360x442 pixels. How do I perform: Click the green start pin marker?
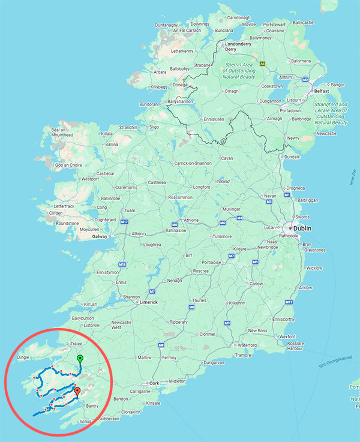[x=80, y=359]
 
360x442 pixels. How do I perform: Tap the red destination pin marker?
[x=77, y=393]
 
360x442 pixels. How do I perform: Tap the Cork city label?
[x=155, y=383]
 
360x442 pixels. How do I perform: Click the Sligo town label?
[x=154, y=127]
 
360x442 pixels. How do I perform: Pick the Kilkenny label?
[x=237, y=303]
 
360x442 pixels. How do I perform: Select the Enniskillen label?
[x=215, y=118]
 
